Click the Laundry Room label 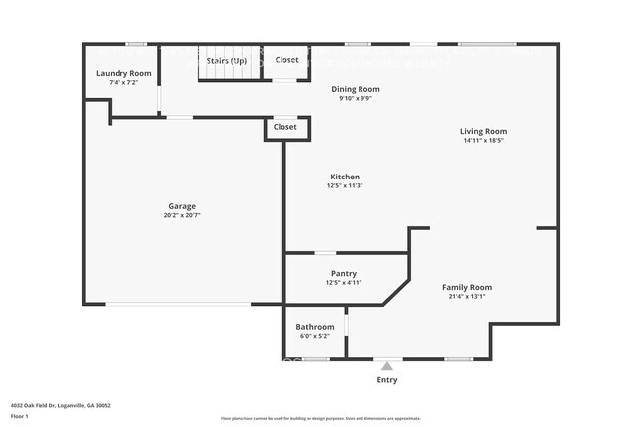[x=123, y=74]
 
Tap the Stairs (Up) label [x=226, y=60]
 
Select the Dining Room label [x=355, y=89]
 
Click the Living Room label [x=483, y=131]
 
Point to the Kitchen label [x=345, y=177]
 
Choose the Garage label [x=181, y=206]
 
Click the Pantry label [x=344, y=273]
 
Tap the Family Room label [x=466, y=287]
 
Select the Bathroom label [x=315, y=327]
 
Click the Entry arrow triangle [x=387, y=366]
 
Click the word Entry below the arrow [x=388, y=379]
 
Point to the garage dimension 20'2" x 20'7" [x=181, y=216]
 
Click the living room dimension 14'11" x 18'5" [x=483, y=141]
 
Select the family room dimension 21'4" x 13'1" [x=466, y=296]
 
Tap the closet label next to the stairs [x=286, y=60]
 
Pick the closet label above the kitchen [x=284, y=127]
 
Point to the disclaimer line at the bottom [x=320, y=418]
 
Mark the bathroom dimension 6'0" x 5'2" [x=315, y=336]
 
